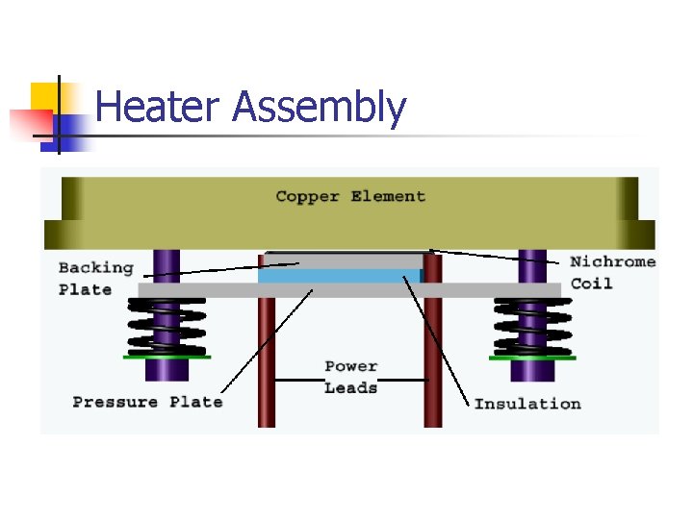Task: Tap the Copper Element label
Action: click(x=350, y=197)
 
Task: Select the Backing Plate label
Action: click(x=95, y=278)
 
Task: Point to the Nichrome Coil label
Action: click(x=612, y=272)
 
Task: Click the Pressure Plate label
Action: click(x=147, y=402)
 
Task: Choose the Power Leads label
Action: click(x=350, y=377)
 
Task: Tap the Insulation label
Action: click(x=527, y=404)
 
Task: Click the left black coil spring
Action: click(x=167, y=327)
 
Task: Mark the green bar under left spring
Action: click(x=167, y=358)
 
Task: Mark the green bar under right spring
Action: click(x=532, y=358)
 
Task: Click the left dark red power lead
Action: click(x=267, y=365)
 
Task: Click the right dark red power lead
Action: click(x=433, y=365)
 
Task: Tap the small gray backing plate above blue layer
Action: click(x=343, y=260)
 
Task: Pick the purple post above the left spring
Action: click(x=167, y=266)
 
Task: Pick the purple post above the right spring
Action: click(x=532, y=266)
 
